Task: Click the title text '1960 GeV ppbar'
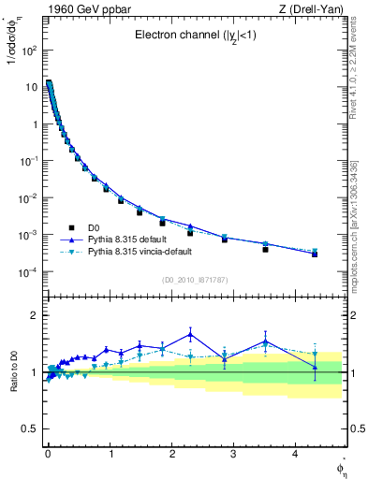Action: tap(75, 8)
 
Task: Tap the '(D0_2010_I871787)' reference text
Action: tap(194, 281)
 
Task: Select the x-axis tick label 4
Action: tap(296, 453)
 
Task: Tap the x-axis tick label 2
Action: tap(171, 453)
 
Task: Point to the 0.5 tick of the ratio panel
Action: tap(29, 428)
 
